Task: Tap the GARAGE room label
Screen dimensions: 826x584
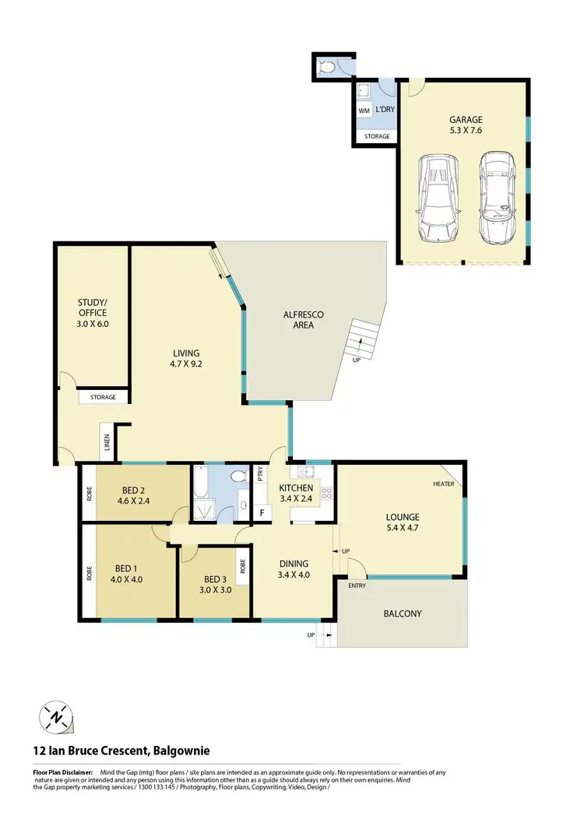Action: point(466,120)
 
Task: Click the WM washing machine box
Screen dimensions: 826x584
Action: point(364,111)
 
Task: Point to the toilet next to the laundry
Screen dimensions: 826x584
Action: point(329,68)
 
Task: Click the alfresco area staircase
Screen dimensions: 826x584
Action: point(364,339)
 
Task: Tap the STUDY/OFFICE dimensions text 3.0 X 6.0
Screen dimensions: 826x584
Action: point(92,323)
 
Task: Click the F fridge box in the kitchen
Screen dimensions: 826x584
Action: point(261,512)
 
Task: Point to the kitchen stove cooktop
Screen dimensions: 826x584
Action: point(327,492)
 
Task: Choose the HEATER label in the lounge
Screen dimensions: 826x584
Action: point(443,484)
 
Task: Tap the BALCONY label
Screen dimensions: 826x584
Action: point(402,613)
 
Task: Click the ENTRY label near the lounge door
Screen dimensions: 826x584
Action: point(357,585)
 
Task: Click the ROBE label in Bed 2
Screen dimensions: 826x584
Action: point(89,493)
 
